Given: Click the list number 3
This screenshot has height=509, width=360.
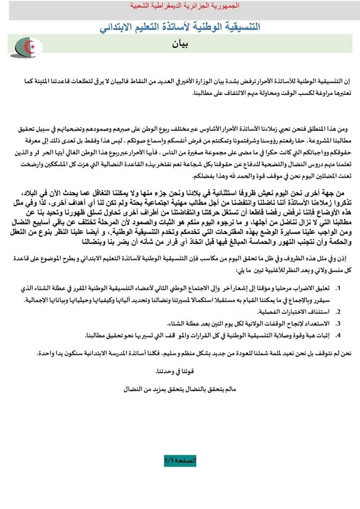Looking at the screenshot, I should [x=338, y=322].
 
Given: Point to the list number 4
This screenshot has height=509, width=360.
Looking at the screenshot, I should [x=338, y=334].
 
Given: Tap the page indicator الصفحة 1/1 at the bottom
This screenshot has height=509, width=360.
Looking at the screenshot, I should [x=180, y=461].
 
